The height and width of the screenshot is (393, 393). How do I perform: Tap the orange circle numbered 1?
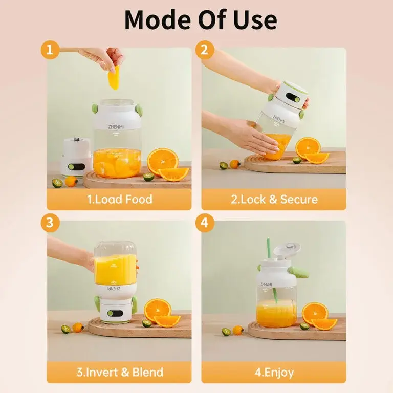pos(50,50)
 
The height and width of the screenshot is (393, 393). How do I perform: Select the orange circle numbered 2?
pos(204,50)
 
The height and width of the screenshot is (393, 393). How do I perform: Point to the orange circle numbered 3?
pos(50,223)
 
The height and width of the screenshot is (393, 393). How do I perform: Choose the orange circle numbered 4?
pos(204,223)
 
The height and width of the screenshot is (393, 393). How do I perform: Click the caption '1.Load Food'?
pos(119,199)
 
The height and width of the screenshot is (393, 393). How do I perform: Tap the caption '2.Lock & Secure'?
pos(274,199)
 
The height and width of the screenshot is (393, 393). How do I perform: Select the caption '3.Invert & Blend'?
pos(119,372)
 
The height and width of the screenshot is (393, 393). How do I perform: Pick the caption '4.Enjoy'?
pos(274,372)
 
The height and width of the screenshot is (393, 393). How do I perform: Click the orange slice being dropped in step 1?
pos(114,77)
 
